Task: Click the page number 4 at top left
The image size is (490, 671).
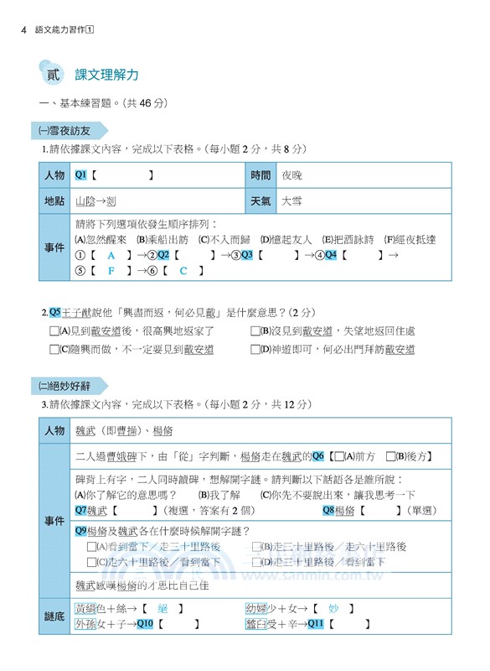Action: (23, 29)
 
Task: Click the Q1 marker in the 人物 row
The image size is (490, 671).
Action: (81, 175)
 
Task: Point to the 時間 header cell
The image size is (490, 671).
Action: (260, 175)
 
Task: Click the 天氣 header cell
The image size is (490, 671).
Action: (260, 201)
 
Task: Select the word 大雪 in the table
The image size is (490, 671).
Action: (291, 201)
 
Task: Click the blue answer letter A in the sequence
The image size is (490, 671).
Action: (111, 255)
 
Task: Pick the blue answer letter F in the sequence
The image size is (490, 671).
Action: (111, 271)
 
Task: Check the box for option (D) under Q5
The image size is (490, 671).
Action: (255, 349)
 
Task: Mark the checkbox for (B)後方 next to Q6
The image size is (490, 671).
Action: (391, 457)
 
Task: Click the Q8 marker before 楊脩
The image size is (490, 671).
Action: (328, 509)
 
